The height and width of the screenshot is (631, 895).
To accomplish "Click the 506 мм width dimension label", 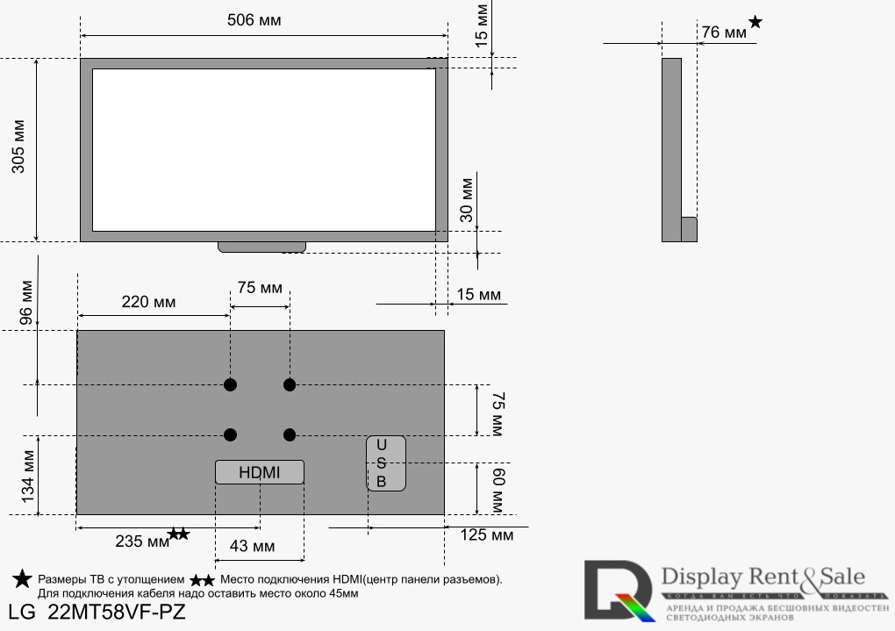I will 254,19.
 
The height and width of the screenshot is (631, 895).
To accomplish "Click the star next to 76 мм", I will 755,22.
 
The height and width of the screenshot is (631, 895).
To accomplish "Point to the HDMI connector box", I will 260,472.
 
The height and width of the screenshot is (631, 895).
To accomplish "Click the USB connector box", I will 386,463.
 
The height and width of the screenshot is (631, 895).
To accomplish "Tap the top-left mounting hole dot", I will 230,384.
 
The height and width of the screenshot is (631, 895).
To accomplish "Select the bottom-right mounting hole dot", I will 290,434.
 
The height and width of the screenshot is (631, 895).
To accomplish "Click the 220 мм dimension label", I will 148,303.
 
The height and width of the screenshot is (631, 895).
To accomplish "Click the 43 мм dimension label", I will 251,547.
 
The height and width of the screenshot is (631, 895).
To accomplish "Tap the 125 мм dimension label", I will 486,534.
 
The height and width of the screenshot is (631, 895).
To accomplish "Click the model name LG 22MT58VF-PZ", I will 97,612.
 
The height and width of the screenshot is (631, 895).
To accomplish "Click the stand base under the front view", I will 261,247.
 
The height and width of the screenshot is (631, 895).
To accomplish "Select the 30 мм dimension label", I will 466,199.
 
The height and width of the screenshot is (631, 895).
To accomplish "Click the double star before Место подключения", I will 203,580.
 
